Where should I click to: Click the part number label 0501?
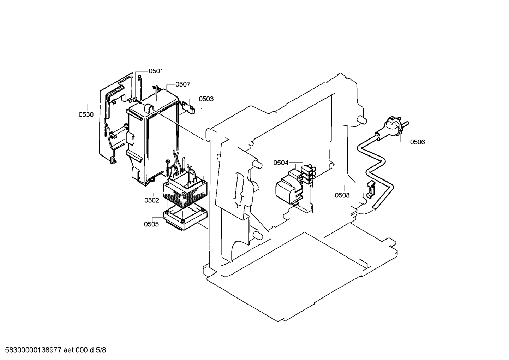(156, 71)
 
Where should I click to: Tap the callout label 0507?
(183, 84)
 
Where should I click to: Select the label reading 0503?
(206, 99)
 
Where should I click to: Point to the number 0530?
(86, 114)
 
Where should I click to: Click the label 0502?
(151, 200)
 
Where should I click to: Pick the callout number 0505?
(151, 224)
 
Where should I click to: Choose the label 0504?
(281, 163)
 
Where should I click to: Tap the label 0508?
(342, 195)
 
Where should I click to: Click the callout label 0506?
(417, 142)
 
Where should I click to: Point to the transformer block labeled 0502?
(185, 193)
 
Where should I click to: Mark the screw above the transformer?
(167, 168)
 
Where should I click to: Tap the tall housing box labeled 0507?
(152, 141)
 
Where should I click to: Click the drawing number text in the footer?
(32, 350)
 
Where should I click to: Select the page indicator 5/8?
(101, 350)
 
